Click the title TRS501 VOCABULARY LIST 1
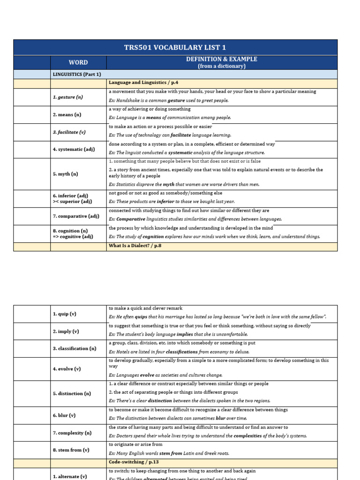(175, 48)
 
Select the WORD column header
(78, 62)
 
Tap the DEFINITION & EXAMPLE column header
(221, 62)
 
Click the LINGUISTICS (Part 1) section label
(76, 74)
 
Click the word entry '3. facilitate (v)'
(69, 132)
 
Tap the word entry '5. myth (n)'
(65, 173)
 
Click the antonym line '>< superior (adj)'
(72, 202)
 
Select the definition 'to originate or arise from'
(135, 444)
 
